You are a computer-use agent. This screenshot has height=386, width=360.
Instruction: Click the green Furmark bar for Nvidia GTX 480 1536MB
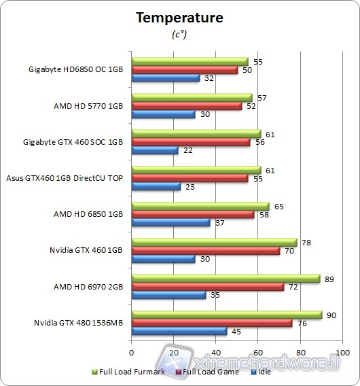tap(226, 315)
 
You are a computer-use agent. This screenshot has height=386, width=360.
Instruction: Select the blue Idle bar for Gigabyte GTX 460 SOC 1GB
tap(155, 150)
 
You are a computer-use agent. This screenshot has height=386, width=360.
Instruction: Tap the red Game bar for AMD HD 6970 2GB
tap(207, 287)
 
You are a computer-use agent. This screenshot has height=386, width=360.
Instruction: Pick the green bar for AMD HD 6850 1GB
tap(200, 206)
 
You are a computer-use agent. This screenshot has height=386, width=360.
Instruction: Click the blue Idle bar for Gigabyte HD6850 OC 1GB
tap(165, 77)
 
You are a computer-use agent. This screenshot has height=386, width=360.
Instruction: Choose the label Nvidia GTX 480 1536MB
tap(79, 323)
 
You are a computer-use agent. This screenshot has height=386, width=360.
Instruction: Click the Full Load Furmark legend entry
tap(130, 372)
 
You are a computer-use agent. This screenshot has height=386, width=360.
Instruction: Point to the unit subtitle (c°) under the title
tap(179, 35)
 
